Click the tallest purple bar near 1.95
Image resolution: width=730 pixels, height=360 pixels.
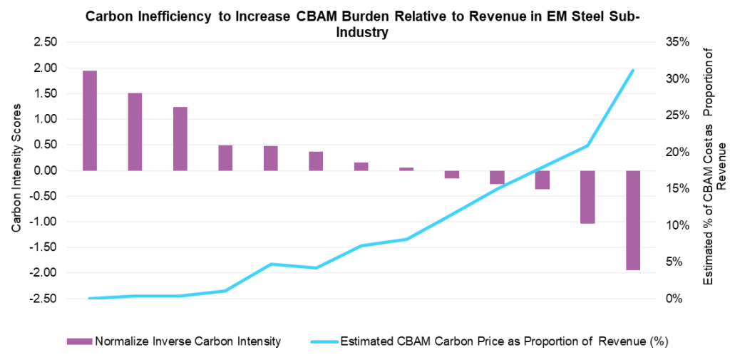[90, 120]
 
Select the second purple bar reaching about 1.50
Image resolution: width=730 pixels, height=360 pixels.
[135, 132]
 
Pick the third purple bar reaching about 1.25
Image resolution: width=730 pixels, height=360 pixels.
[180, 139]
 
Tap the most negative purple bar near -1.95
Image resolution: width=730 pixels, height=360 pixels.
[633, 220]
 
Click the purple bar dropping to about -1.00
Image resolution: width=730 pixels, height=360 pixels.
[587, 197]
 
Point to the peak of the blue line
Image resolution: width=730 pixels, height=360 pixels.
[633, 70]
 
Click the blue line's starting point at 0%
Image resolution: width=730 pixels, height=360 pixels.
[90, 298]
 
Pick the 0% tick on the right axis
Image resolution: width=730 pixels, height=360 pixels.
[676, 299]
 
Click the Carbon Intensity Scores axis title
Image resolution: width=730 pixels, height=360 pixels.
[16, 170]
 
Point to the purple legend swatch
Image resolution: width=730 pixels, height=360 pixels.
[79, 341]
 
